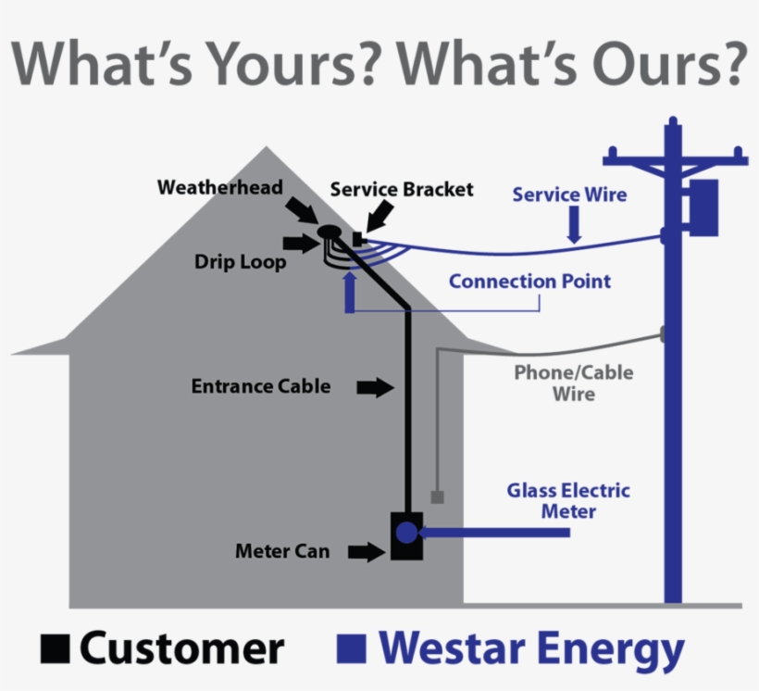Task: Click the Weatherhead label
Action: click(219, 187)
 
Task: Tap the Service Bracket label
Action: click(402, 190)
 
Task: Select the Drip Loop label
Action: click(240, 262)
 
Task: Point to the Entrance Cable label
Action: click(261, 386)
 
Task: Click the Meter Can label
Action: click(282, 551)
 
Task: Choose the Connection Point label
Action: click(529, 282)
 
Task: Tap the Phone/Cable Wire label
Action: click(574, 383)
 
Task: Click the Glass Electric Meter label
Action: click(568, 500)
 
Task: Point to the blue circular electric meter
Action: click(406, 533)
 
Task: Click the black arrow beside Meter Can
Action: click(367, 551)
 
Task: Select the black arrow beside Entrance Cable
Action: click(375, 388)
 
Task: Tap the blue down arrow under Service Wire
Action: click(574, 224)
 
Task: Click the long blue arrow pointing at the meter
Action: click(493, 533)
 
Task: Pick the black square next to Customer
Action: click(56, 648)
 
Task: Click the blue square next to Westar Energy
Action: click(352, 648)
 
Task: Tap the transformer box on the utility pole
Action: click(703, 207)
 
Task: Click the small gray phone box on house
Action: click(438, 497)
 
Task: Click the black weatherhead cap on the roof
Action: click(330, 232)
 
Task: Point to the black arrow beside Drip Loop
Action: click(302, 243)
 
